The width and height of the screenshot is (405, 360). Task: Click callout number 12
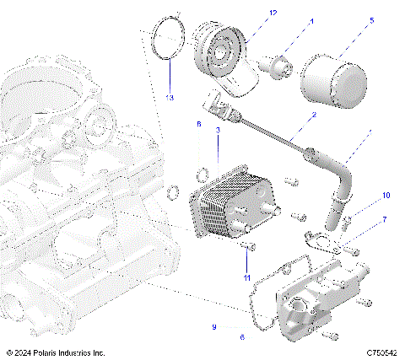250,13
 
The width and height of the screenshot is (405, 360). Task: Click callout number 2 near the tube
313,115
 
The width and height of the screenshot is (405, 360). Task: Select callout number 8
199,124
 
